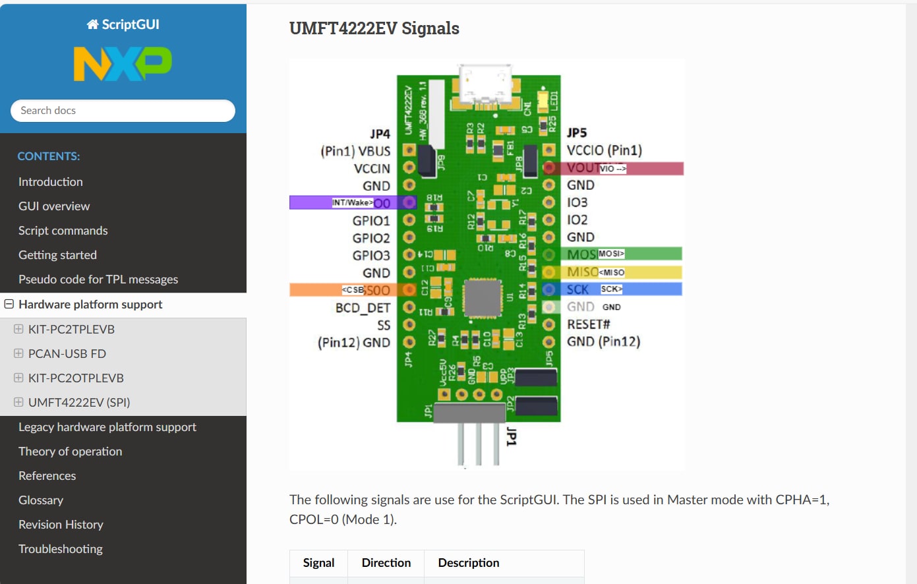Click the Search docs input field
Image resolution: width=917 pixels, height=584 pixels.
[x=123, y=111]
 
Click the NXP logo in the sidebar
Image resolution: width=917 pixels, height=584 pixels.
[x=123, y=64]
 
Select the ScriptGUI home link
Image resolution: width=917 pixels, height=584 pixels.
[x=123, y=24]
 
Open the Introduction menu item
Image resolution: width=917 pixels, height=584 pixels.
[x=51, y=182]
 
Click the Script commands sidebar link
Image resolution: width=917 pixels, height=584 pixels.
[x=63, y=231]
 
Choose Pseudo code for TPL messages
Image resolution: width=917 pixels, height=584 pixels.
[x=98, y=279]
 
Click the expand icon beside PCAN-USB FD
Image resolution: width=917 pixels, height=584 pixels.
[x=18, y=354]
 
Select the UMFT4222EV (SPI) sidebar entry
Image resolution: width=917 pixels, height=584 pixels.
[x=79, y=403]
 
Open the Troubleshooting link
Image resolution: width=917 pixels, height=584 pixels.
[x=61, y=549]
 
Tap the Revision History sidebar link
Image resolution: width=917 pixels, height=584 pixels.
[x=61, y=525]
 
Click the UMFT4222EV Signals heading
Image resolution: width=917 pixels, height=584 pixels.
[x=374, y=28]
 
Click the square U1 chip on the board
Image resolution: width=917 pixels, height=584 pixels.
[x=483, y=298]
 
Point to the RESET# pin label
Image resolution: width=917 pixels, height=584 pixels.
[x=589, y=324]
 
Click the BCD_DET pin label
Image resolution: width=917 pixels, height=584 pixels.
[x=363, y=308]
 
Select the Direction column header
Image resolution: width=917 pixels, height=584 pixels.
[x=386, y=563]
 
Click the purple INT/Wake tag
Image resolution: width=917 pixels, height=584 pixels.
[x=352, y=202]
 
